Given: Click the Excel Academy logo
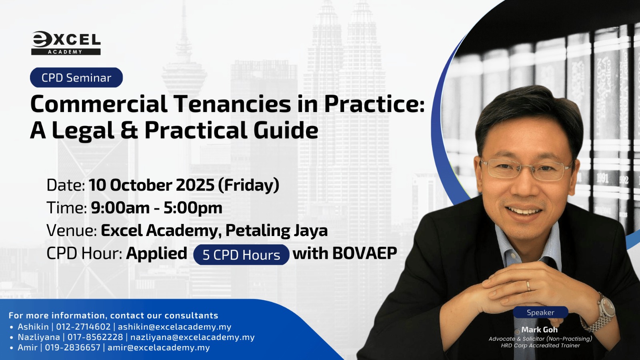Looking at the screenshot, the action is [66, 43].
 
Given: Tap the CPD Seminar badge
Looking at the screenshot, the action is [76, 78].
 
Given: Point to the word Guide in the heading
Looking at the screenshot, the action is [286, 130].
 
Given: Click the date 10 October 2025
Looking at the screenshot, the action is [152, 185].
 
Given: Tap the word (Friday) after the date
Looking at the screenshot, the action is [248, 185].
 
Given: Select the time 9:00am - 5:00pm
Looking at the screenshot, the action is [156, 208].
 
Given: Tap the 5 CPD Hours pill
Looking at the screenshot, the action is [241, 254].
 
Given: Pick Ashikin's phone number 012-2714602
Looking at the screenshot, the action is [83, 326].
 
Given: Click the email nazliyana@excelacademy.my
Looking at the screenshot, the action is [192, 337].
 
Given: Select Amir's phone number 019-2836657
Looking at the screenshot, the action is [72, 348].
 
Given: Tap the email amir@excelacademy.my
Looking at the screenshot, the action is [158, 348].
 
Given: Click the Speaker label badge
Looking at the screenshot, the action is [540, 312].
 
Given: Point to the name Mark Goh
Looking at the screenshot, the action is [540, 330].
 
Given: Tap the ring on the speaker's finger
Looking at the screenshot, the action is [528, 286].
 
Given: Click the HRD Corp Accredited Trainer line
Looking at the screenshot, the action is [540, 346].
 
